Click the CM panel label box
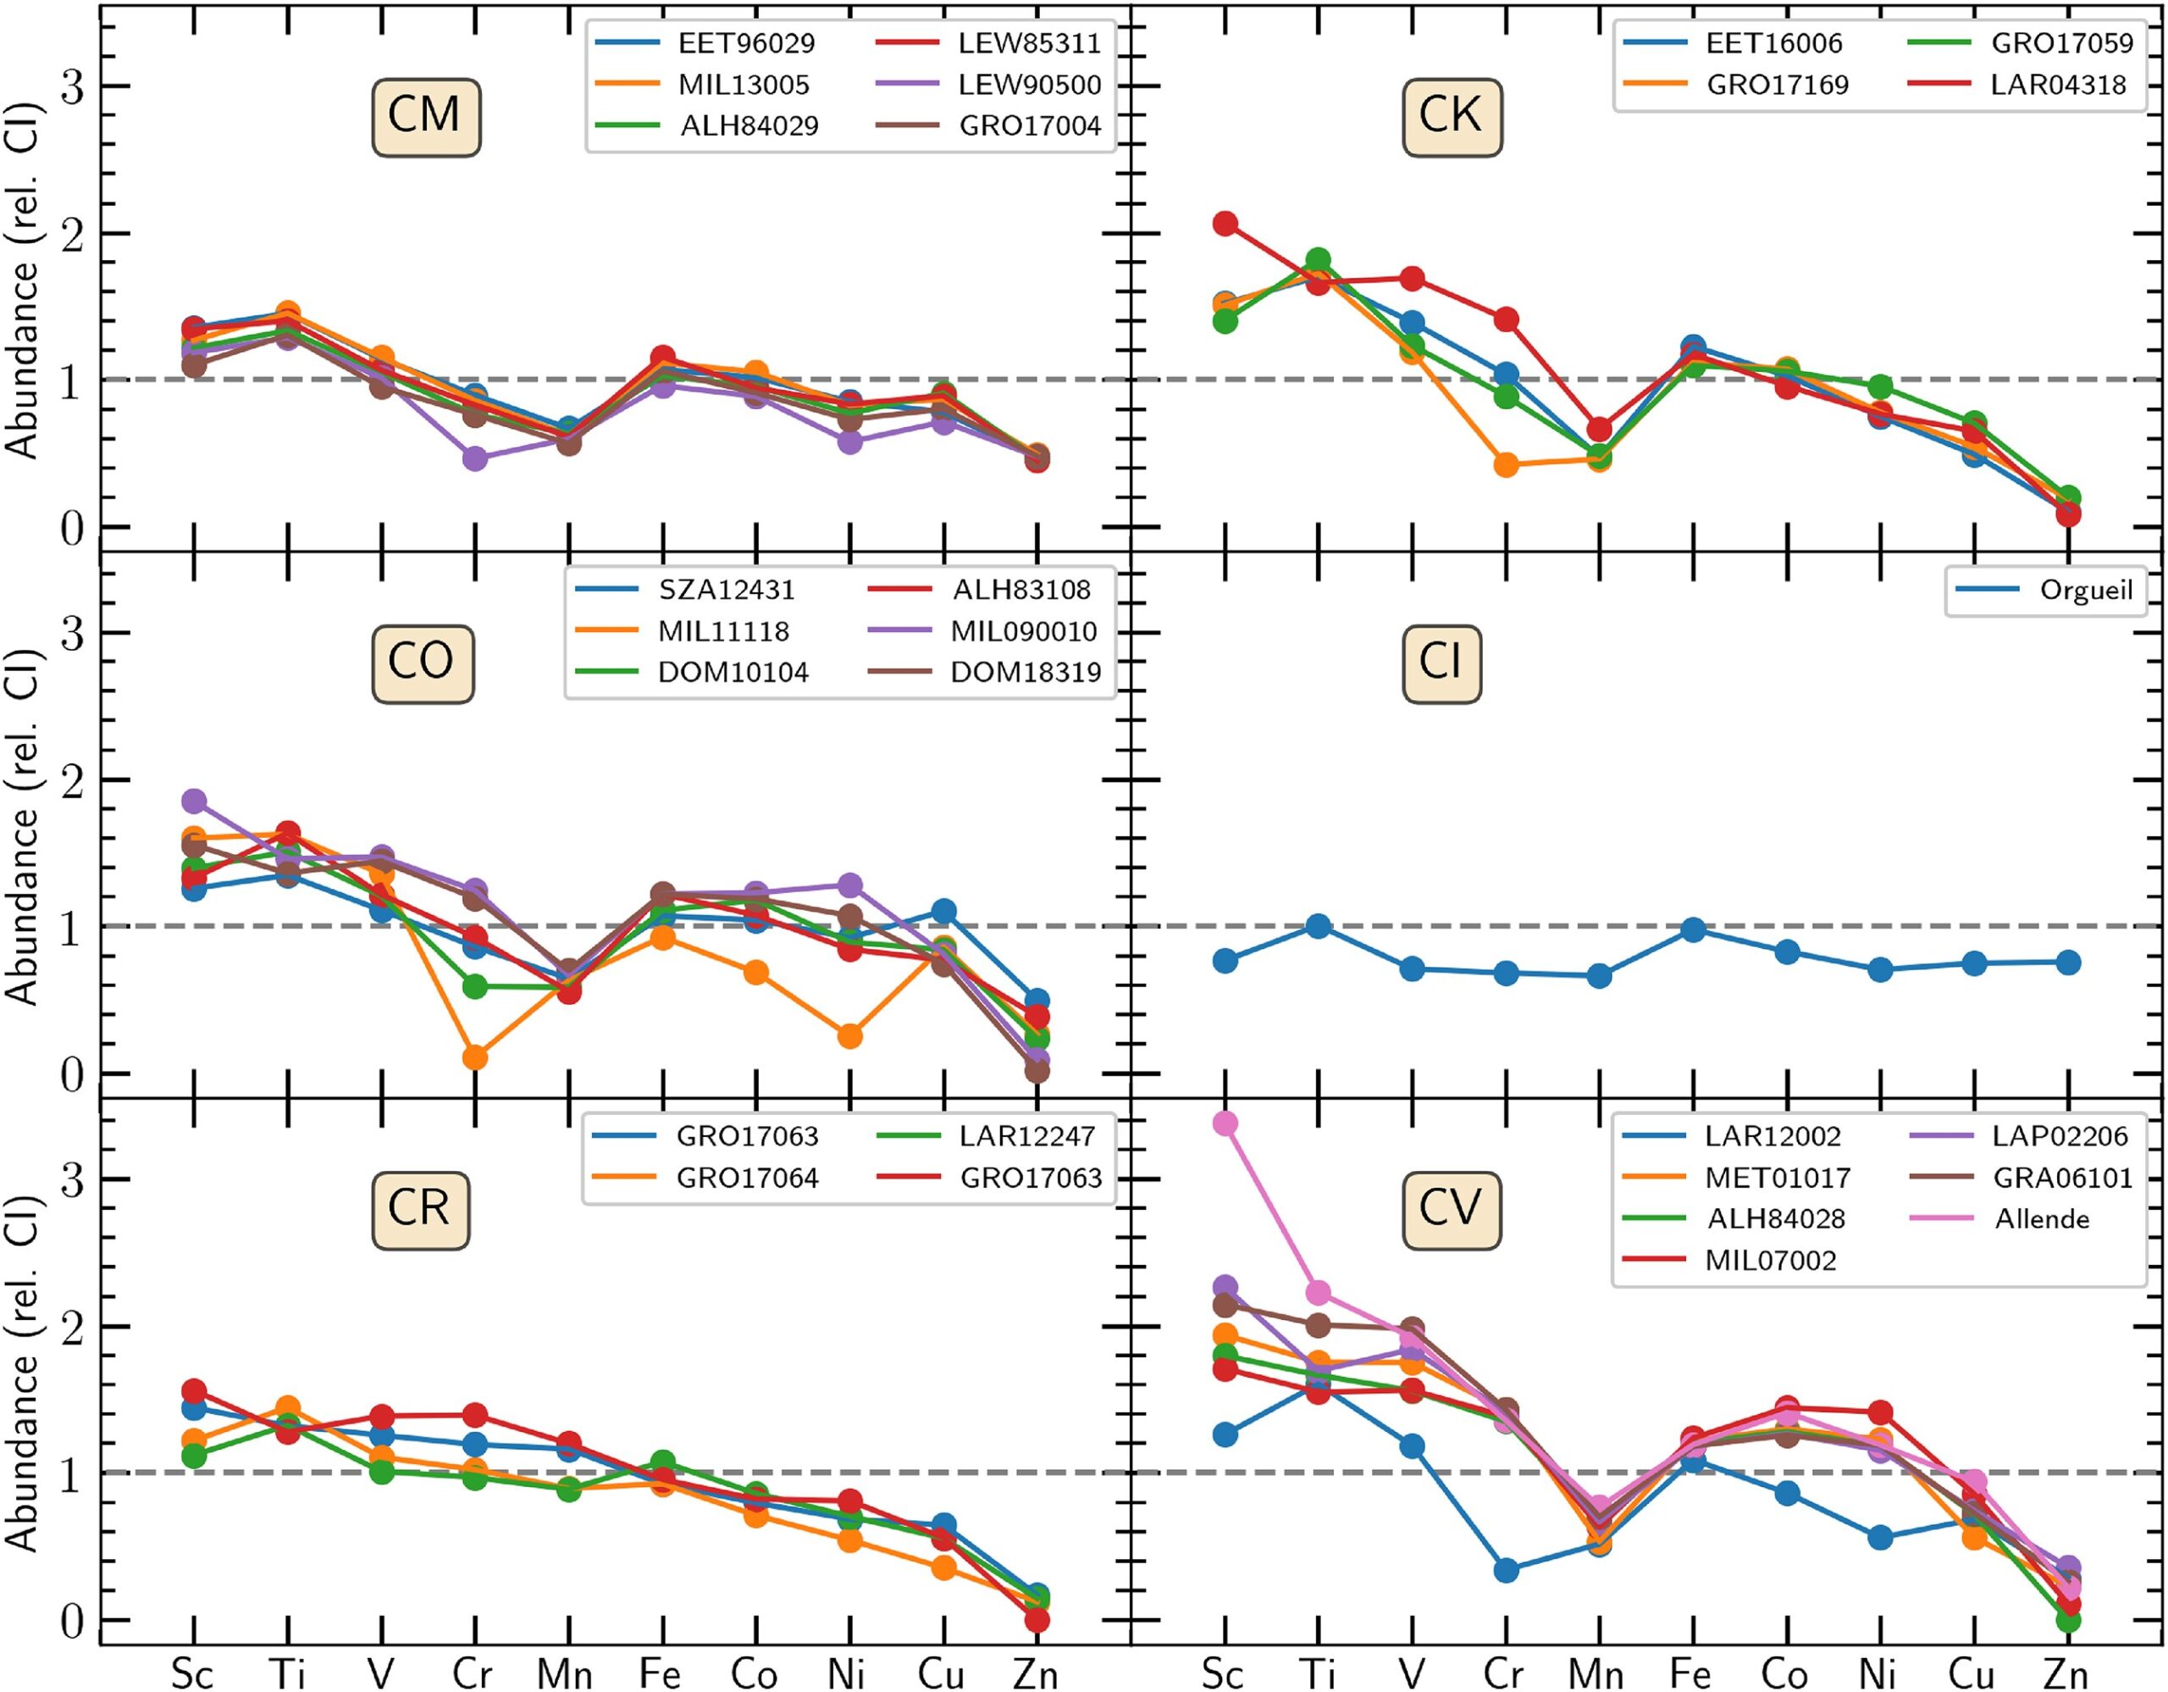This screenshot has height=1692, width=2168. [x=426, y=117]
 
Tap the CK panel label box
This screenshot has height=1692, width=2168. [x=1452, y=117]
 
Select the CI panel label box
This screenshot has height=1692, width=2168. [x=1441, y=663]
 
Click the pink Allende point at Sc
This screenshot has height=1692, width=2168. [x=1225, y=1123]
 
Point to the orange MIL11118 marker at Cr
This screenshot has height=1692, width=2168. [x=474, y=1057]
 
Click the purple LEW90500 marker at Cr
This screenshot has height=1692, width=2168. [x=474, y=458]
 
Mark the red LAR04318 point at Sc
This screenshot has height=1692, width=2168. [x=1225, y=224]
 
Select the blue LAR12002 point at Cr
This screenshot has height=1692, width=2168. [x=1506, y=1571]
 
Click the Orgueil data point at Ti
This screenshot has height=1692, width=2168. [x=1319, y=926]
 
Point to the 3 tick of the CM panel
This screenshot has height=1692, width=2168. [x=71, y=87]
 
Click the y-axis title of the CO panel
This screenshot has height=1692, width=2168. [x=22, y=826]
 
